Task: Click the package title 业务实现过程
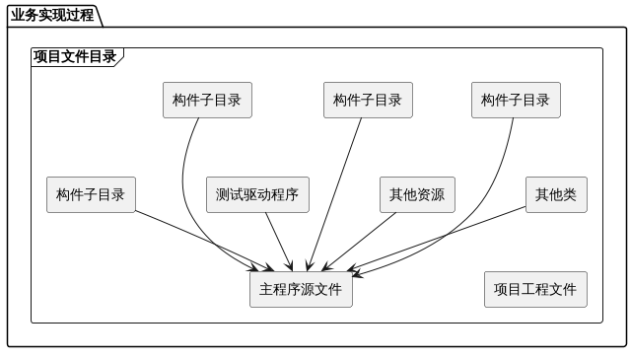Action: (52, 15)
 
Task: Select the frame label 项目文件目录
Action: (75, 56)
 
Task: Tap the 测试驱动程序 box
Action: (257, 194)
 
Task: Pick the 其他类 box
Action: (555, 194)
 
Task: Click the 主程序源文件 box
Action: (301, 289)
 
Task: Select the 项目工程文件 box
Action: (535, 289)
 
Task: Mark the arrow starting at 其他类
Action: (444, 237)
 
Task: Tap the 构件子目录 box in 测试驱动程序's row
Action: (91, 194)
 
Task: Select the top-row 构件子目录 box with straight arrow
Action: (368, 100)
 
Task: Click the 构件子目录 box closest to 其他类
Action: (516, 100)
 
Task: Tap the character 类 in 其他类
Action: (569, 194)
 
